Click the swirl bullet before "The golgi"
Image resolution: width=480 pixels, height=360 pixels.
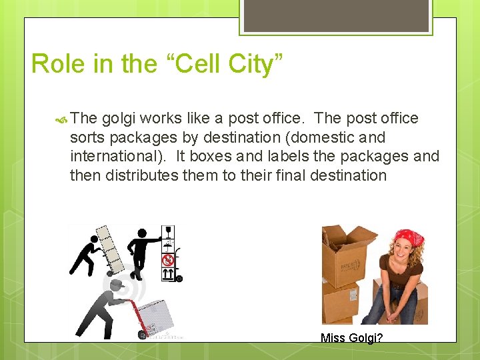pos(61,119)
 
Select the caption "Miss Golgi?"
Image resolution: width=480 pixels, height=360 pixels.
pos(351,338)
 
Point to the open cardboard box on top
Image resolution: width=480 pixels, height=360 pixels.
pos(347,250)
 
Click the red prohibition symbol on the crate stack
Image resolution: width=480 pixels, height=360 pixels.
pos(169,259)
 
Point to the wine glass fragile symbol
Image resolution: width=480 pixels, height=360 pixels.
pos(169,233)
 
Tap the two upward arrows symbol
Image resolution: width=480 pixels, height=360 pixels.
pos(169,273)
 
